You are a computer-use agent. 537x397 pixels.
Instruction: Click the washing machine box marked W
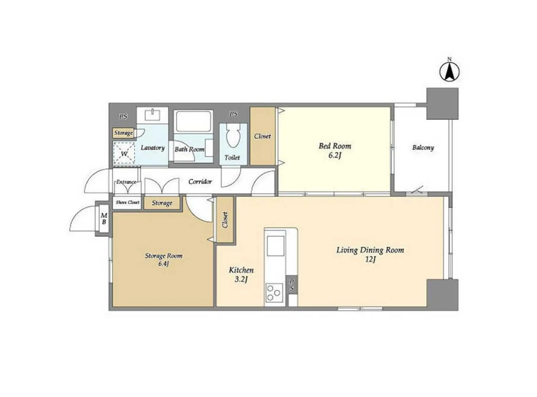tap(124, 153)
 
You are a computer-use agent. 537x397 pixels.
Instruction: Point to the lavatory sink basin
tap(152, 114)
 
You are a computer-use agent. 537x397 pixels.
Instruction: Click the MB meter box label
tap(104, 218)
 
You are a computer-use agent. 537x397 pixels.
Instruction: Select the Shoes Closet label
tap(128, 202)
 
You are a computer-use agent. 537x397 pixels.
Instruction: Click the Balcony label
tap(423, 148)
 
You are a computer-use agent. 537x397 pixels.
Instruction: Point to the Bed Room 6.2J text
tap(335, 150)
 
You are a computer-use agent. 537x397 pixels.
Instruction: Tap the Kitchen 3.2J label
tap(241, 274)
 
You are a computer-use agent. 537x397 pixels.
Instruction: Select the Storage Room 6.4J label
tap(163, 260)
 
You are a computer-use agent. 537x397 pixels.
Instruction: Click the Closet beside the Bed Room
tap(262, 136)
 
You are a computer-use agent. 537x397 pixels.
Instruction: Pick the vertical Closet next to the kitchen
tap(225, 220)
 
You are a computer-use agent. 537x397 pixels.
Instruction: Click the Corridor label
tap(200, 181)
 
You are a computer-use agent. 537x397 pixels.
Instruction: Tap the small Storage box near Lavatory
tap(123, 133)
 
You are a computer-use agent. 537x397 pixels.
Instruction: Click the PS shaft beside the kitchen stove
tap(292, 285)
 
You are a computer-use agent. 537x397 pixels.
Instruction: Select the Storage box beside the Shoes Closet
tap(162, 203)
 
